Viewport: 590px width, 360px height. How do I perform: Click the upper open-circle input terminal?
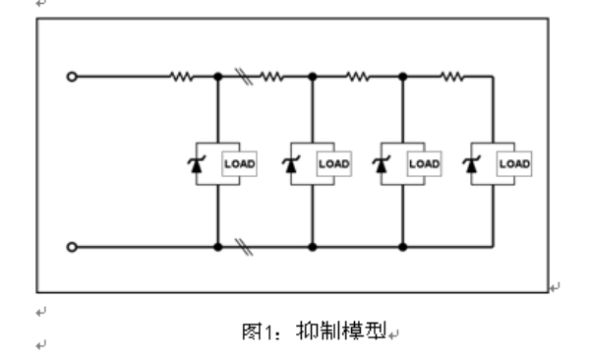(x=72, y=77)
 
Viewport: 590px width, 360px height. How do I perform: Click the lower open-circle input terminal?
(x=72, y=247)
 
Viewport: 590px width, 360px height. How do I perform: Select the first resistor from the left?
(x=182, y=77)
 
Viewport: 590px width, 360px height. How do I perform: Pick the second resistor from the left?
(x=271, y=77)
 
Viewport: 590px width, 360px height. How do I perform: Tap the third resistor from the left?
(x=358, y=77)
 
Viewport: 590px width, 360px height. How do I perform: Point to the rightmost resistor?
(x=452, y=77)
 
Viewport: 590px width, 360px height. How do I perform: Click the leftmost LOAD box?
(x=239, y=164)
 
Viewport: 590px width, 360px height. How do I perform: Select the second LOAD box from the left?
(x=334, y=164)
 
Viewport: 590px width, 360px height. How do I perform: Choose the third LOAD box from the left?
(x=424, y=164)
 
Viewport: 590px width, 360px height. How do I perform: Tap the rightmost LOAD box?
(x=514, y=164)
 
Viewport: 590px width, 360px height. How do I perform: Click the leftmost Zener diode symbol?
(x=197, y=164)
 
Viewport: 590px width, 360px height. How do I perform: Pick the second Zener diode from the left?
(x=291, y=164)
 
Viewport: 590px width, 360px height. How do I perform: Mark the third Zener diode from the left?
(x=382, y=164)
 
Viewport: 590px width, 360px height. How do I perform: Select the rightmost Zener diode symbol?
(x=471, y=164)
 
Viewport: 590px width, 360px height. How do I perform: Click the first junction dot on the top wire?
(x=218, y=77)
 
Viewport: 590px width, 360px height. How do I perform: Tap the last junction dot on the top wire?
(x=402, y=77)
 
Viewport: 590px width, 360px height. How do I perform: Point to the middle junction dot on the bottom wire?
(x=313, y=247)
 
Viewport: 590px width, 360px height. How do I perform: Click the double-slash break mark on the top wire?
(x=244, y=77)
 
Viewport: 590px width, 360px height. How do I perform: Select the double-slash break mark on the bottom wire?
(x=244, y=247)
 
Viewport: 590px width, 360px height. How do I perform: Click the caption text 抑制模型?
(x=341, y=331)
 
